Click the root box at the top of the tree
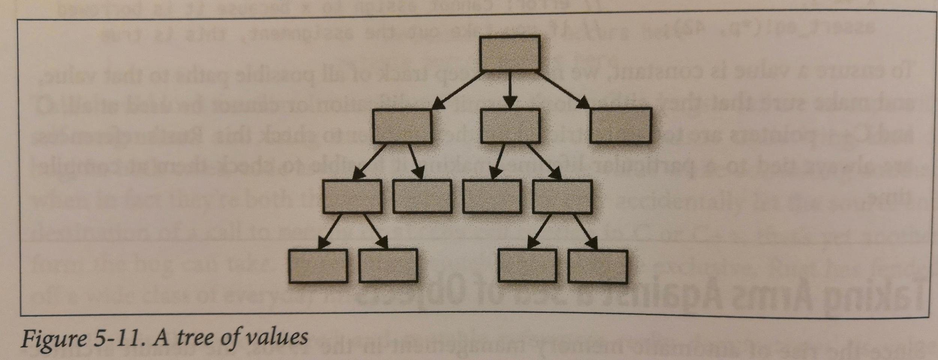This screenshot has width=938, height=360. tap(510, 53)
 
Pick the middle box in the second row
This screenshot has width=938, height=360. tap(510, 126)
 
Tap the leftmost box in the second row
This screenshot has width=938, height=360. tap(402, 126)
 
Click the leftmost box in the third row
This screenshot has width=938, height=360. tap(352, 196)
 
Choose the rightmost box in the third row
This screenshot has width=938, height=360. tap(562, 196)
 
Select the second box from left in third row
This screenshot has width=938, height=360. tap(422, 196)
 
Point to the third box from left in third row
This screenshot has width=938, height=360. tap(492, 196)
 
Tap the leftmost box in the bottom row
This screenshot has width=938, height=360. tap(318, 266)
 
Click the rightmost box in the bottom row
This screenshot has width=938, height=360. tap(597, 266)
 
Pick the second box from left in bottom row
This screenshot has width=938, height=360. tap(388, 266)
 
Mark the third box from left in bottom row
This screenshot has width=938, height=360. tap(527, 266)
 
